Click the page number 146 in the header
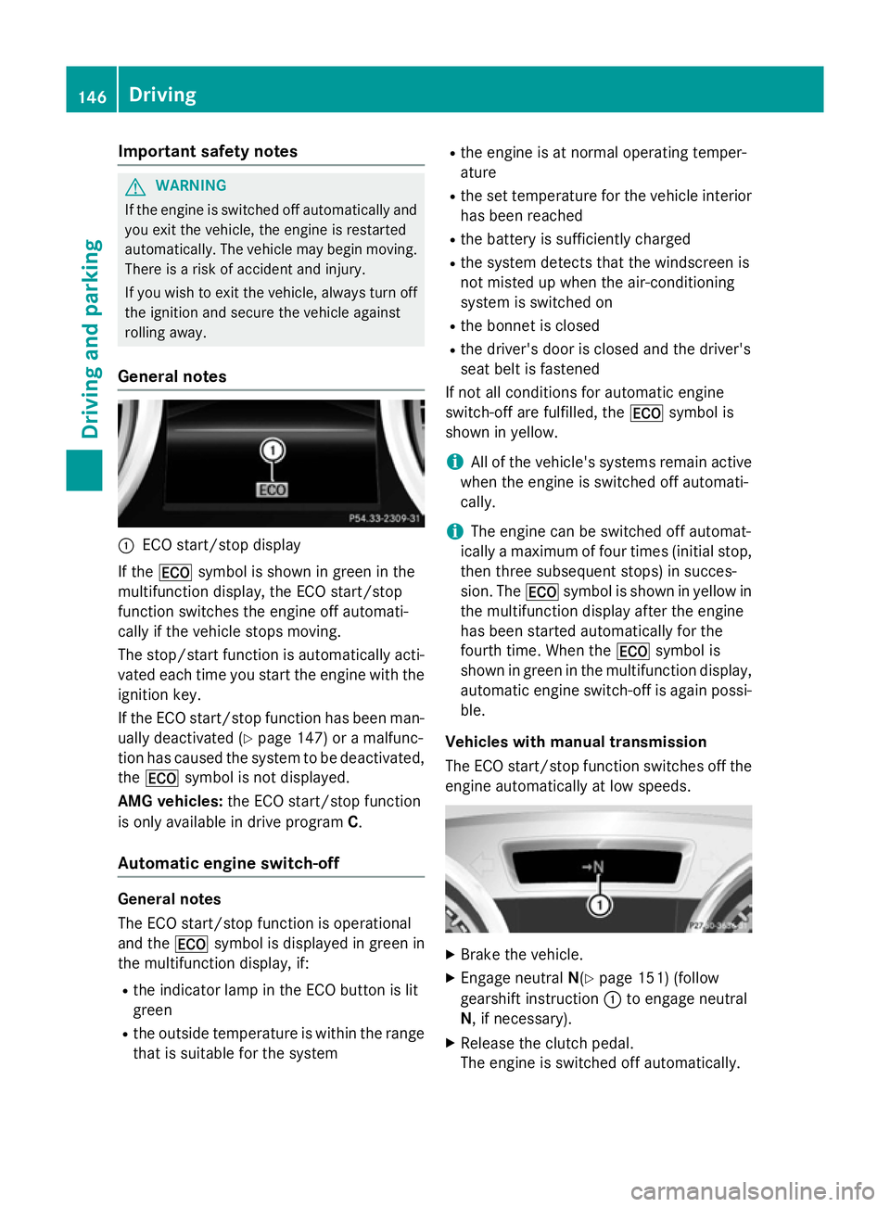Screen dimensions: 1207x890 tap(92, 96)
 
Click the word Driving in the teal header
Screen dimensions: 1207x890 tap(162, 95)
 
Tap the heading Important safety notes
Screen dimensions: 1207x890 tap(208, 151)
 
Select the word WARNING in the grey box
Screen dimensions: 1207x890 tap(191, 185)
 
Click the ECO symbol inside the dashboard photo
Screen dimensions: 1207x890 tap(273, 489)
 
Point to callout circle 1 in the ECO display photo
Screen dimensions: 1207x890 tap(273, 451)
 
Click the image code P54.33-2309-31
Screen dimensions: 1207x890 tap(384, 518)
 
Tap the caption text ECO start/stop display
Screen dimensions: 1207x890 tap(222, 545)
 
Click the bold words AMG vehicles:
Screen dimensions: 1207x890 tap(170, 801)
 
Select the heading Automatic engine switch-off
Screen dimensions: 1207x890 tap(228, 863)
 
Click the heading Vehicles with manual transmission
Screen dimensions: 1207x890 tap(576, 742)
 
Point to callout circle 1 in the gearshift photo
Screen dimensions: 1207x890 tap(600, 905)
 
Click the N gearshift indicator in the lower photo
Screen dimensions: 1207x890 tap(593, 867)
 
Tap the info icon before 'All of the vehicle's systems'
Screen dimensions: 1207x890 tap(454, 462)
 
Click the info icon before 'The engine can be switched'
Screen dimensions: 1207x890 tap(454, 531)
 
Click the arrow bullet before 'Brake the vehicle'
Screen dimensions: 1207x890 tap(451, 955)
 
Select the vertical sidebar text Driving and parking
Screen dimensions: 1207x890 tap(91, 338)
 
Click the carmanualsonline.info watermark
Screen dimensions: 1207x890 tap(752, 1190)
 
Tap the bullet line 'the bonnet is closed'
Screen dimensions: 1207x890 tap(529, 325)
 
